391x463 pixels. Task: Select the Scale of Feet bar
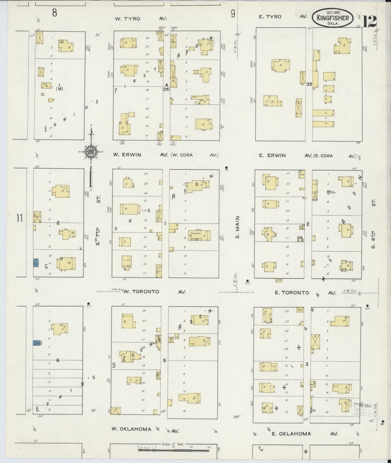tap(173, 450)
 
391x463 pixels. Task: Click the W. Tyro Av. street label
tap(141, 19)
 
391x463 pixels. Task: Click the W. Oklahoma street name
tap(132, 429)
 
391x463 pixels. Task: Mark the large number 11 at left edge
tap(19, 218)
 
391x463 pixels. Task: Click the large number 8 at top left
tap(55, 12)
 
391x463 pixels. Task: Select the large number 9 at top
tap(233, 14)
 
